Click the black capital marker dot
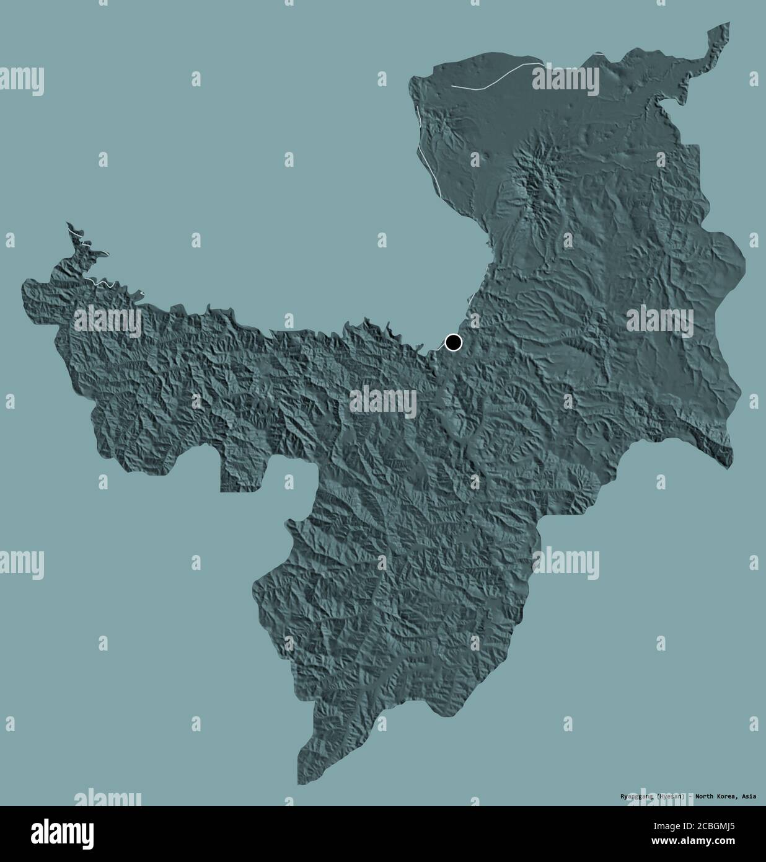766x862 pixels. (x=454, y=342)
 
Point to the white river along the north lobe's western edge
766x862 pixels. (x=428, y=155)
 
